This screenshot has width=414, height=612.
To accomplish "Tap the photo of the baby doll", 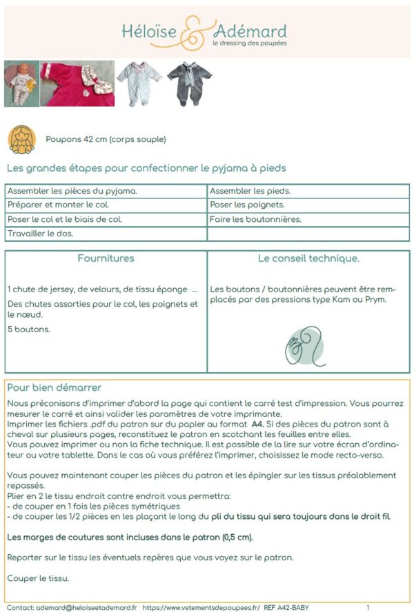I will pos(21,83).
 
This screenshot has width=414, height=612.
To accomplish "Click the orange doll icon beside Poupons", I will pos(22,139).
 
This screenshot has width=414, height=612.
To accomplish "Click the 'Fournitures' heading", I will pos(106,258).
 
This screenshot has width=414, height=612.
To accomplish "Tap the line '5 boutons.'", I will pos(25,329).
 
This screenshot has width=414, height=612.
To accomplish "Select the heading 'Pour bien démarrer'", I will pos(55,387).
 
